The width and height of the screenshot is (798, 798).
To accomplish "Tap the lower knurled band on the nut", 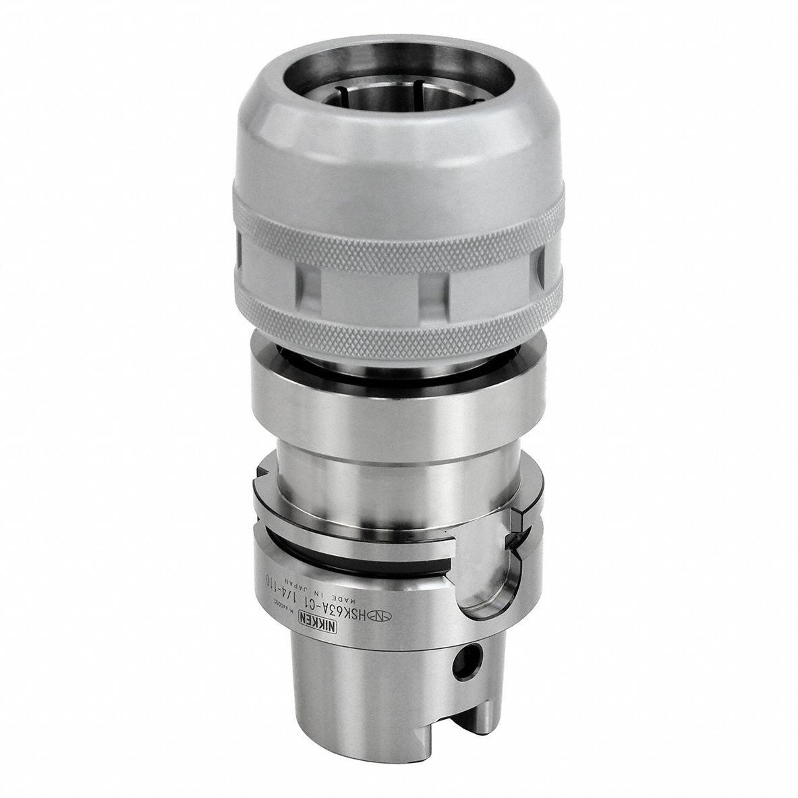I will coord(398,324).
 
